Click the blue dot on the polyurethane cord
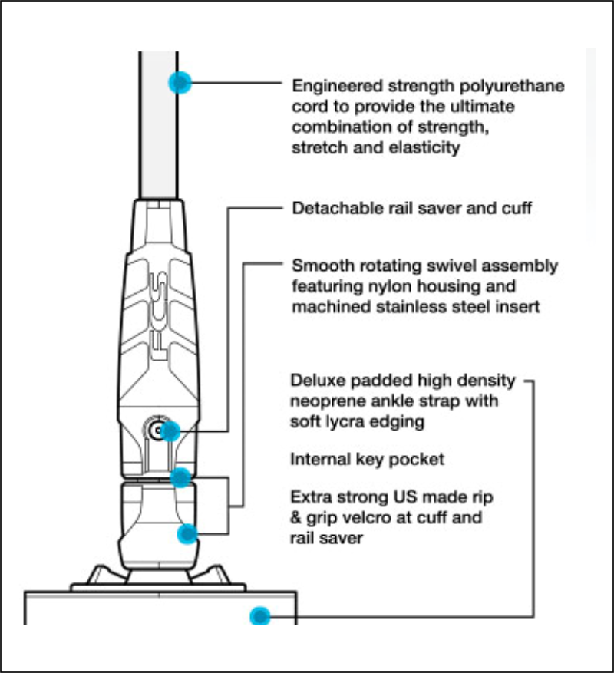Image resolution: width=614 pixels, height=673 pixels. tap(179, 82)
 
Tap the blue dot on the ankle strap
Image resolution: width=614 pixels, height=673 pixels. tap(261, 615)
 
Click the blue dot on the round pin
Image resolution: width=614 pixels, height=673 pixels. tap(170, 431)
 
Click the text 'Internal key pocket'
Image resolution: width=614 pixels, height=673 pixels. tap(368, 460)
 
